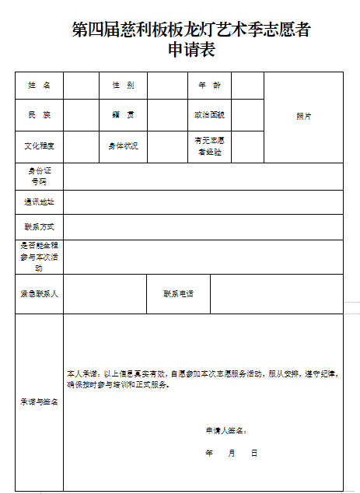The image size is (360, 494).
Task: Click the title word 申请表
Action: [190, 50]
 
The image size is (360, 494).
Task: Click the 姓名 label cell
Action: [40, 85]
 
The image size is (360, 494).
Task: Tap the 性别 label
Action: [123, 85]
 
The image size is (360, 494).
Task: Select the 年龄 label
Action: [209, 85]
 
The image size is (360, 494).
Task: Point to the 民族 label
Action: [40, 115]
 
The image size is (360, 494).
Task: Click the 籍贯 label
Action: [123, 115]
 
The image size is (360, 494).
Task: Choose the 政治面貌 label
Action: [209, 115]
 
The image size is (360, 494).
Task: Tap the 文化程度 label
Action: [40, 145]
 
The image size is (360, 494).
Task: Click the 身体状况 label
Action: [123, 145]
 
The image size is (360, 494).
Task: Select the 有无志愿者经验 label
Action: [209, 146]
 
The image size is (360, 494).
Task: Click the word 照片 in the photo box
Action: [303, 116]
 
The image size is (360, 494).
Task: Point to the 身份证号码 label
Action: [40, 176]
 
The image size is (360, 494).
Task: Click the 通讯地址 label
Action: [40, 201]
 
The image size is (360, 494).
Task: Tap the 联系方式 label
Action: [40, 226]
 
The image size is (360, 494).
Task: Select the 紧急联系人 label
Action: [40, 294]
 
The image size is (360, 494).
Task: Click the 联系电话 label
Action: [178, 294]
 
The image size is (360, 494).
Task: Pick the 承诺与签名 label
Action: [40, 402]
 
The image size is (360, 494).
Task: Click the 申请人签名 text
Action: [226, 429]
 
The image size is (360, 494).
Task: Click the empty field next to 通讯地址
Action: [203, 201]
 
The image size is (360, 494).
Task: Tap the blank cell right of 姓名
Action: [82, 85]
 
